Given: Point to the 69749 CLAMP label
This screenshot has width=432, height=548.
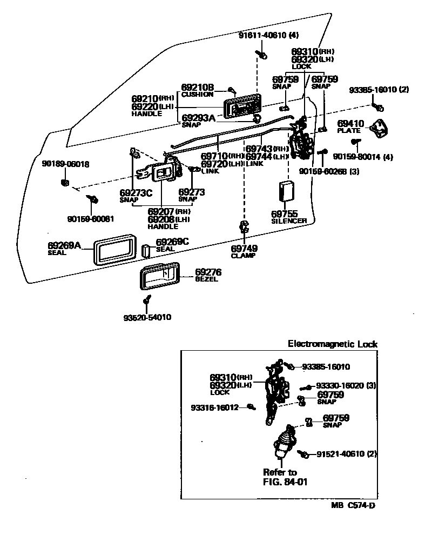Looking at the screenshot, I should [x=244, y=251].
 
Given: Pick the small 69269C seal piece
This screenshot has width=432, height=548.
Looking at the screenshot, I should [x=145, y=250].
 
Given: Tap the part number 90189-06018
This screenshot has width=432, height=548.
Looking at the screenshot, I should [x=65, y=164].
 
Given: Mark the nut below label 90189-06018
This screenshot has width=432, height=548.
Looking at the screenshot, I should [x=64, y=181].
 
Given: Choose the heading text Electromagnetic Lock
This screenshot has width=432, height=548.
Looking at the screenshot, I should [x=332, y=344].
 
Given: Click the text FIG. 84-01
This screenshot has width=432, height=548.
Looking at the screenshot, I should [x=285, y=482].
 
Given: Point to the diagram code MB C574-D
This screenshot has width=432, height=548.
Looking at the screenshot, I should [x=353, y=506].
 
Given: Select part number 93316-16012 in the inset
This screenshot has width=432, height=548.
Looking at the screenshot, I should [x=214, y=407].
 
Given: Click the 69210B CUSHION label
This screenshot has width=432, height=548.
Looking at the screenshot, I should [x=197, y=90].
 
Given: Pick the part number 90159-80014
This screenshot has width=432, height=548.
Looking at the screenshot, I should [x=363, y=157].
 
